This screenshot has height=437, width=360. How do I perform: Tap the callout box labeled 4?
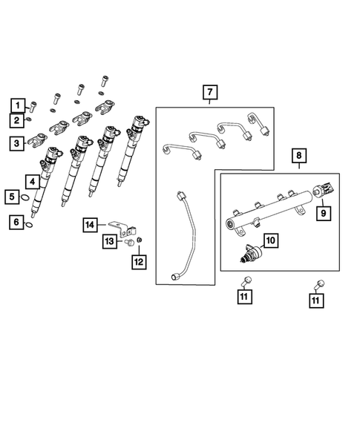pyautogui.click(x=32, y=180)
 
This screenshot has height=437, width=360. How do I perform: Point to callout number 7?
pyautogui.click(x=210, y=92)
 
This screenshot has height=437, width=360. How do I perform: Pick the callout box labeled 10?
pyautogui.click(x=269, y=240)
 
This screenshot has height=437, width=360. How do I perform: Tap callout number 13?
pyautogui.click(x=109, y=241)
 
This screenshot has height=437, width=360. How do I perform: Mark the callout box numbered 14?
pyautogui.click(x=90, y=223)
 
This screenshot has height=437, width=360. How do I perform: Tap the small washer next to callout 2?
pyautogui.click(x=30, y=119)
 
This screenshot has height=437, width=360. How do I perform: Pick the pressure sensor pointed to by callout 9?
pyautogui.click(x=325, y=191)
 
